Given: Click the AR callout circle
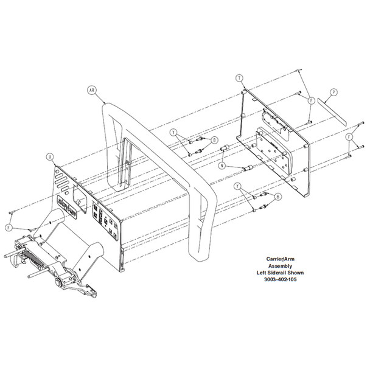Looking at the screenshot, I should pyautogui.click(x=93, y=89).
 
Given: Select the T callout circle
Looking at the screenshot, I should pyautogui.click(x=239, y=77).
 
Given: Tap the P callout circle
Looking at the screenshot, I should pyautogui.click(x=333, y=93).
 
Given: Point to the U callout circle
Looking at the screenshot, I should pyautogui.click(x=49, y=156).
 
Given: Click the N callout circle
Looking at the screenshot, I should pyautogui.click(x=223, y=165).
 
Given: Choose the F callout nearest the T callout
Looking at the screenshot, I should pyautogui.click(x=310, y=99).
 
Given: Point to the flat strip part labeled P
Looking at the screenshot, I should pyautogui.click(x=334, y=115).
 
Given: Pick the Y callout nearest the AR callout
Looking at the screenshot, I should pyautogui.click(x=173, y=131).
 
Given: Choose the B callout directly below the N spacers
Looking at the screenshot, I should pyautogui.click(x=277, y=196).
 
